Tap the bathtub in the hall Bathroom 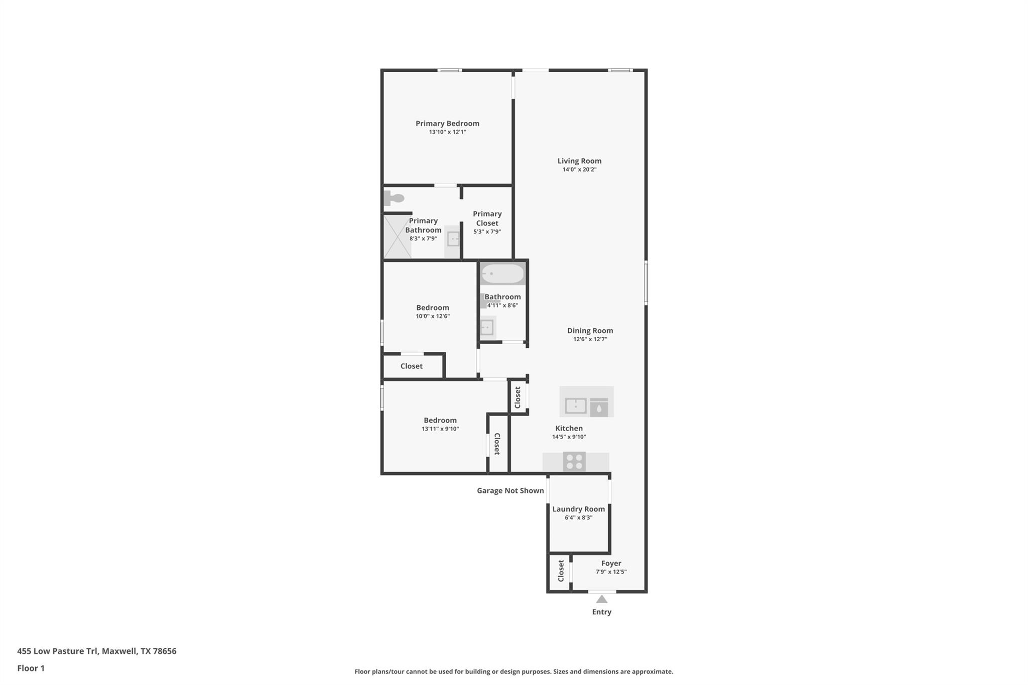click(x=502, y=274)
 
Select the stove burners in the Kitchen click(x=574, y=462)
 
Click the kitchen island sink click(x=576, y=405)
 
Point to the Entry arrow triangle click(x=601, y=599)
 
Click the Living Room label click(x=579, y=161)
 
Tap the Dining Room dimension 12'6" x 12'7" click(x=590, y=339)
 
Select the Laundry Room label click(x=578, y=509)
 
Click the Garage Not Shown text click(x=510, y=491)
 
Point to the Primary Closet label click(x=487, y=218)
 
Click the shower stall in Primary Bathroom click(x=397, y=237)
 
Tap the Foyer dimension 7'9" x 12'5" click(x=611, y=572)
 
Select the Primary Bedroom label click(x=447, y=123)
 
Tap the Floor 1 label click(x=31, y=668)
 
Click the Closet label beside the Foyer click(x=561, y=571)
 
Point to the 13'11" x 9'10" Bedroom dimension click(x=440, y=429)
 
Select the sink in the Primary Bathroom click(x=453, y=239)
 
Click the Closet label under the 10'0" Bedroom click(x=411, y=366)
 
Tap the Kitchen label click(x=569, y=429)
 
